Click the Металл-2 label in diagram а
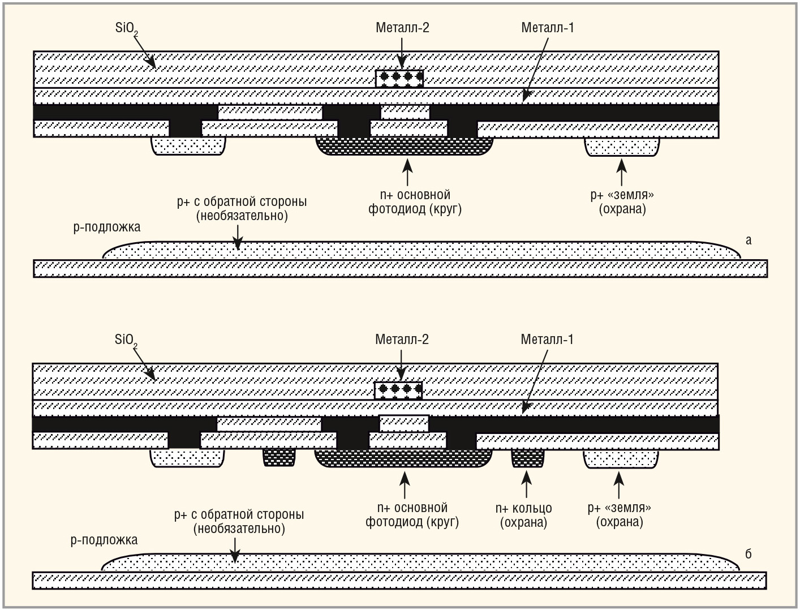click(402, 27)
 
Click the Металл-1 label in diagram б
click(547, 340)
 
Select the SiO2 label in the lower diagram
click(126, 340)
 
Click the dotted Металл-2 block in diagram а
click(399, 78)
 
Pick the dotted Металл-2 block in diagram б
click(398, 390)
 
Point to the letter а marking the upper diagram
click(749, 240)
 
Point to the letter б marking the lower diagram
click(748, 554)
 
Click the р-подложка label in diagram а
click(106, 227)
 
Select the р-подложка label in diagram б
click(104, 540)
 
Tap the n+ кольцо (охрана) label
click(523, 515)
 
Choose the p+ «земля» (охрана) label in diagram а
click(622, 202)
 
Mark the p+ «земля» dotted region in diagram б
click(621, 459)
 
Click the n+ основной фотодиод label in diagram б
click(412, 515)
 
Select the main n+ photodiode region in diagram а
click(404, 147)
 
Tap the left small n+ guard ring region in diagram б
click(279, 458)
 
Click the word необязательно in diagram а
click(242, 216)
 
